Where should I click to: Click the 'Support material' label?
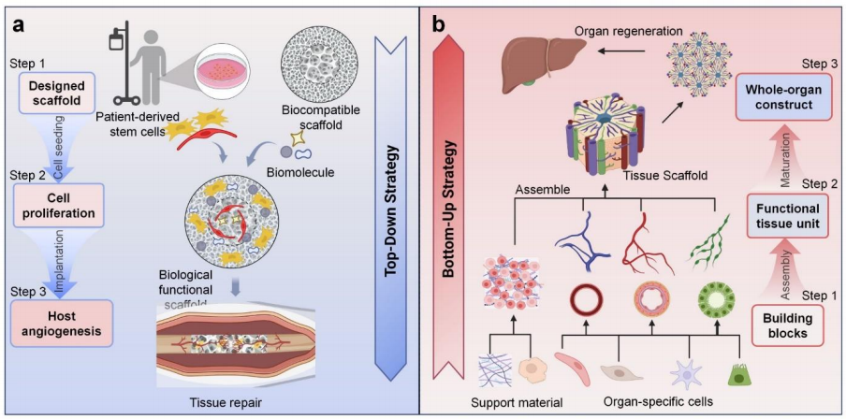coord(514,402)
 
